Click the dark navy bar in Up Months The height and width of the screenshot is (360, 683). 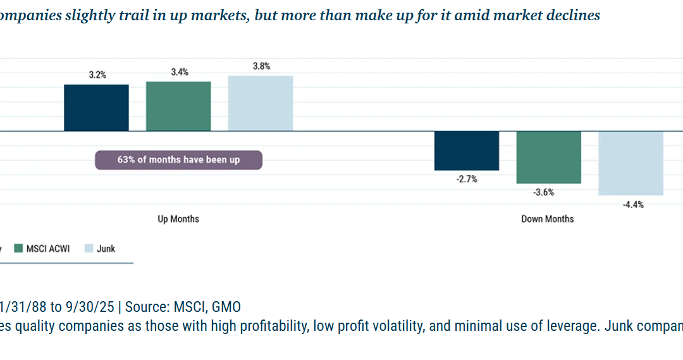[x=96, y=108]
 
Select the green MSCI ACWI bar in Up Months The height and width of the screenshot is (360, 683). [x=178, y=106]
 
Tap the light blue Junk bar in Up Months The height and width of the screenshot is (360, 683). [x=261, y=103]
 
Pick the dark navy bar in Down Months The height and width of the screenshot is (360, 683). [x=466, y=151]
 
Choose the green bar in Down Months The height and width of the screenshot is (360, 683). [x=548, y=158]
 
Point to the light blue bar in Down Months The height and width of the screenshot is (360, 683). [x=631, y=163]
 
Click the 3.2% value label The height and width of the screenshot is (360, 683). [x=97, y=75]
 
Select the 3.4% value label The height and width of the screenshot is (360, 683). [x=180, y=72]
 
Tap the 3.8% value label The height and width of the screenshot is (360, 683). [x=261, y=66]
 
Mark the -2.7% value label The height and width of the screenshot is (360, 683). [x=467, y=180]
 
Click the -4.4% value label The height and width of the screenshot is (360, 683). [x=631, y=204]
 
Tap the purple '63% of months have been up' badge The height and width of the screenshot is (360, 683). [x=178, y=160]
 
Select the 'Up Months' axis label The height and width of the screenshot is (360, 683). [x=178, y=219]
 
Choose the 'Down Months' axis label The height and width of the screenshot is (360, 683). [x=548, y=219]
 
